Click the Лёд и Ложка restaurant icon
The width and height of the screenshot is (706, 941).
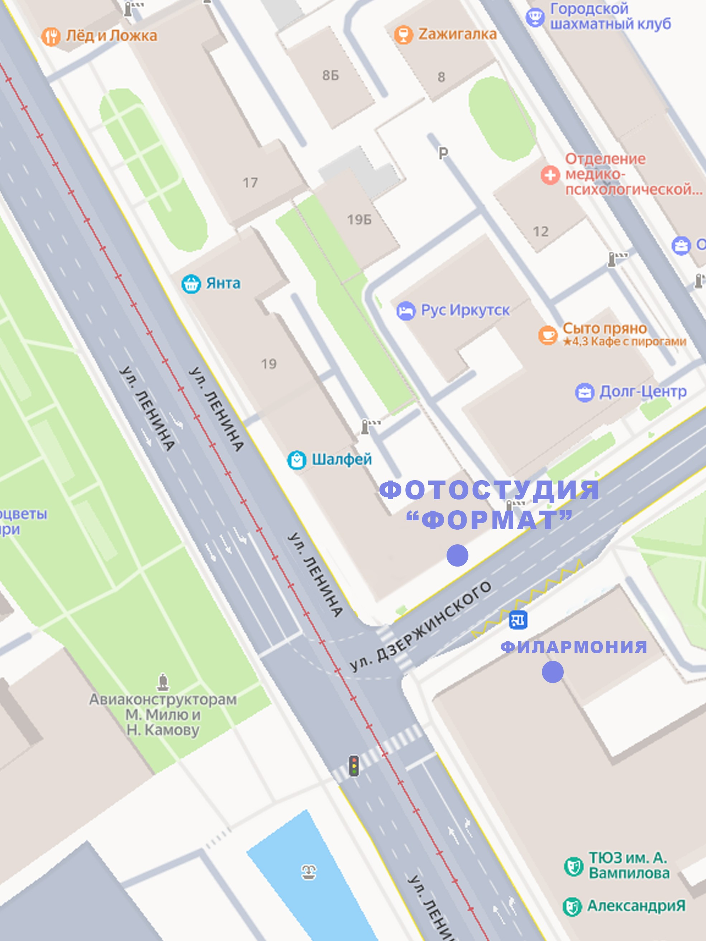(51, 37)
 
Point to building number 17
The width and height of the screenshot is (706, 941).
(250, 183)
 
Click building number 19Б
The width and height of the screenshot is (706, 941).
(359, 220)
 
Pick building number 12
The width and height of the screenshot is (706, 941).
(540, 231)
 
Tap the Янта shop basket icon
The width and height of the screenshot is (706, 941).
(191, 284)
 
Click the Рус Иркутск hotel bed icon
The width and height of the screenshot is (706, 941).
(406, 311)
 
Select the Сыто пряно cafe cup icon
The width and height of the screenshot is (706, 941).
(548, 335)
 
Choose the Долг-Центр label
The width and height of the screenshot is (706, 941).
(643, 391)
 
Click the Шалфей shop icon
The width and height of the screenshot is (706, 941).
(297, 460)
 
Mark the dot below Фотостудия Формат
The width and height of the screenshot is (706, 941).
(458, 555)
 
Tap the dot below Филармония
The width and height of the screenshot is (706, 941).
(552, 672)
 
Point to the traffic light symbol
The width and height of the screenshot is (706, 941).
(354, 765)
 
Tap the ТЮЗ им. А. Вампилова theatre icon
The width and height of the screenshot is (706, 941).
(573, 866)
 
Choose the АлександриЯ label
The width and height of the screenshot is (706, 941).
(636, 906)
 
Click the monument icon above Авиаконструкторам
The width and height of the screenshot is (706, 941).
(163, 682)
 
